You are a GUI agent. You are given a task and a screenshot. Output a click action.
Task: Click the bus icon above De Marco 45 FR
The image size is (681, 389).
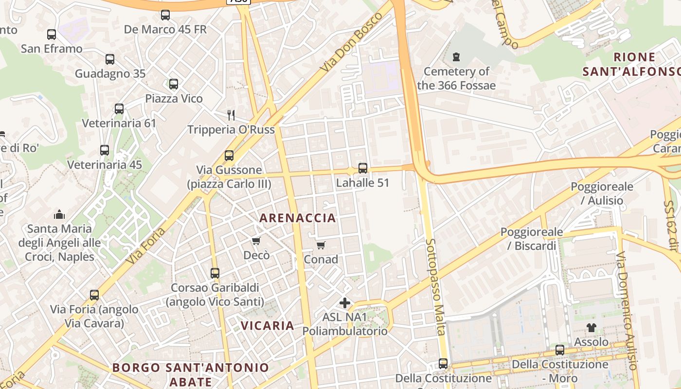[165, 15]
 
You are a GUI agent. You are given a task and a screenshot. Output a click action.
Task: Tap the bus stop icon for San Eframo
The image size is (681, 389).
[52, 35]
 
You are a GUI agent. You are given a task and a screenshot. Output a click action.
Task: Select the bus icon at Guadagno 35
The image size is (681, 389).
[110, 59]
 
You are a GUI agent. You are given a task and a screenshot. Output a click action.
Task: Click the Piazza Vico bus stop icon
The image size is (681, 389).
[174, 84]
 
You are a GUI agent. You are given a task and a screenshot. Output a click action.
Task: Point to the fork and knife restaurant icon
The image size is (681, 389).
[232, 115]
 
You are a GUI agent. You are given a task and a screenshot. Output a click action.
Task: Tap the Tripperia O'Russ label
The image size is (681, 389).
[231, 130]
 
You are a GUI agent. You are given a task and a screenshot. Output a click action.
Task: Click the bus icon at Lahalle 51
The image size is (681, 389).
[363, 168]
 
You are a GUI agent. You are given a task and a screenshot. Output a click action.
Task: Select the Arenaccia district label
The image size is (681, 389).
[298, 218]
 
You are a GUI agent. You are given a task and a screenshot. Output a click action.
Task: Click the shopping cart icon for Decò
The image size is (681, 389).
[256, 241]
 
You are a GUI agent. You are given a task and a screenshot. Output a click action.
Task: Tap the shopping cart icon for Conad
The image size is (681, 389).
[321, 245]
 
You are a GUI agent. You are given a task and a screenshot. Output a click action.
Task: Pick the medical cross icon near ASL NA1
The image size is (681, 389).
[345, 303]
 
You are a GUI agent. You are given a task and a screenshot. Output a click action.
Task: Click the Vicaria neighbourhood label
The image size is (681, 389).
[268, 325]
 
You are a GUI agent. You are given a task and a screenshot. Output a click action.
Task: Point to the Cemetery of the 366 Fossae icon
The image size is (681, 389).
[456, 57]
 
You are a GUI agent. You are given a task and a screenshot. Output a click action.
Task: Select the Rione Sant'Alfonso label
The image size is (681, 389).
[631, 64]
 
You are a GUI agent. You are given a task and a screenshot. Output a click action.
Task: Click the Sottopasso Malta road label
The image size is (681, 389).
[435, 287]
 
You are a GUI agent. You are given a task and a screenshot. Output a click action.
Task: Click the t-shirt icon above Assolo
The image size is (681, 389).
[591, 328]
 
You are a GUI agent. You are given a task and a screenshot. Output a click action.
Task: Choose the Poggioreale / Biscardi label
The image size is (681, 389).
[532, 239]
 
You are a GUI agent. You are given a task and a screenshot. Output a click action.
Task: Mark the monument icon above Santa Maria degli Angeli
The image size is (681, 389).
[59, 214]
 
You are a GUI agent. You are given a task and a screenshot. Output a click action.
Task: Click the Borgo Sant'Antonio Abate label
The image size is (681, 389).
[191, 374]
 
